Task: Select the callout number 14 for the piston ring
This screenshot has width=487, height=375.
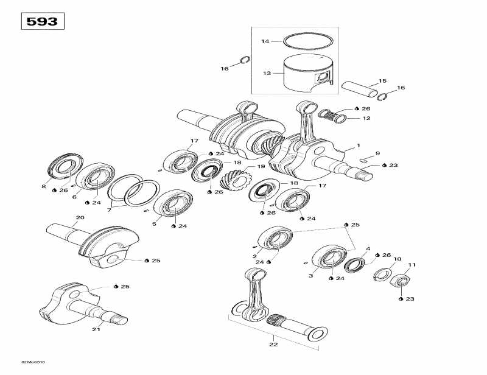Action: [265, 41]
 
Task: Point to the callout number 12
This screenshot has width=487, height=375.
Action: [366, 118]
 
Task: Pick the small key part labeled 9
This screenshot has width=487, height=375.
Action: [363, 159]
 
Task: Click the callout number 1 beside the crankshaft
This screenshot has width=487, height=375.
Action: [359, 145]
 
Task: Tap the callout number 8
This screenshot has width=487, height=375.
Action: [43, 187]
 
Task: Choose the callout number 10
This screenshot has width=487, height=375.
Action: [397, 259]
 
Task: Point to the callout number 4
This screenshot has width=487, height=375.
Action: [368, 248]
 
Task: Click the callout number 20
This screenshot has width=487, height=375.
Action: [80, 218]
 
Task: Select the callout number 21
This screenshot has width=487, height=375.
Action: [96, 329]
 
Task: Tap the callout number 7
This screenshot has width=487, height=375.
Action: [110, 209]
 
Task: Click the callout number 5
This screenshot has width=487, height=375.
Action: [154, 224]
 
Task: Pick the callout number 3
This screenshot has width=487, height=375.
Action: [310, 276]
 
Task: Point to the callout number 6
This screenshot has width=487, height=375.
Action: [74, 197]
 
